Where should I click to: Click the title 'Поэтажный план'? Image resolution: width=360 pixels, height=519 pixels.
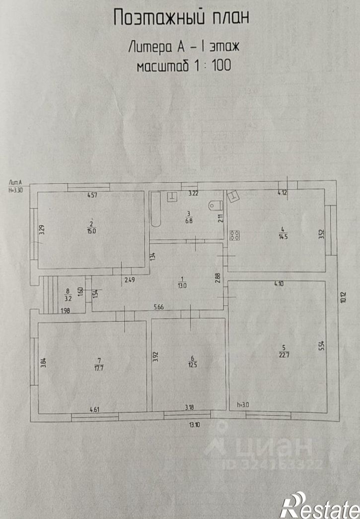pyautogui.click(x=180, y=18)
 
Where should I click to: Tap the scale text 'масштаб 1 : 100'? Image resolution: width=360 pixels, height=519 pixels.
pyautogui.click(x=184, y=66)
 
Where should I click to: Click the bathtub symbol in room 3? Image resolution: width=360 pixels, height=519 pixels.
pyautogui.click(x=155, y=210)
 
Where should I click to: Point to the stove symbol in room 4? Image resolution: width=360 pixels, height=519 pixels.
pyautogui.click(x=235, y=235)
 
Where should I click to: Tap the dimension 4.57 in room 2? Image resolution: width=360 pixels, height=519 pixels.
pyautogui.click(x=92, y=195)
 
